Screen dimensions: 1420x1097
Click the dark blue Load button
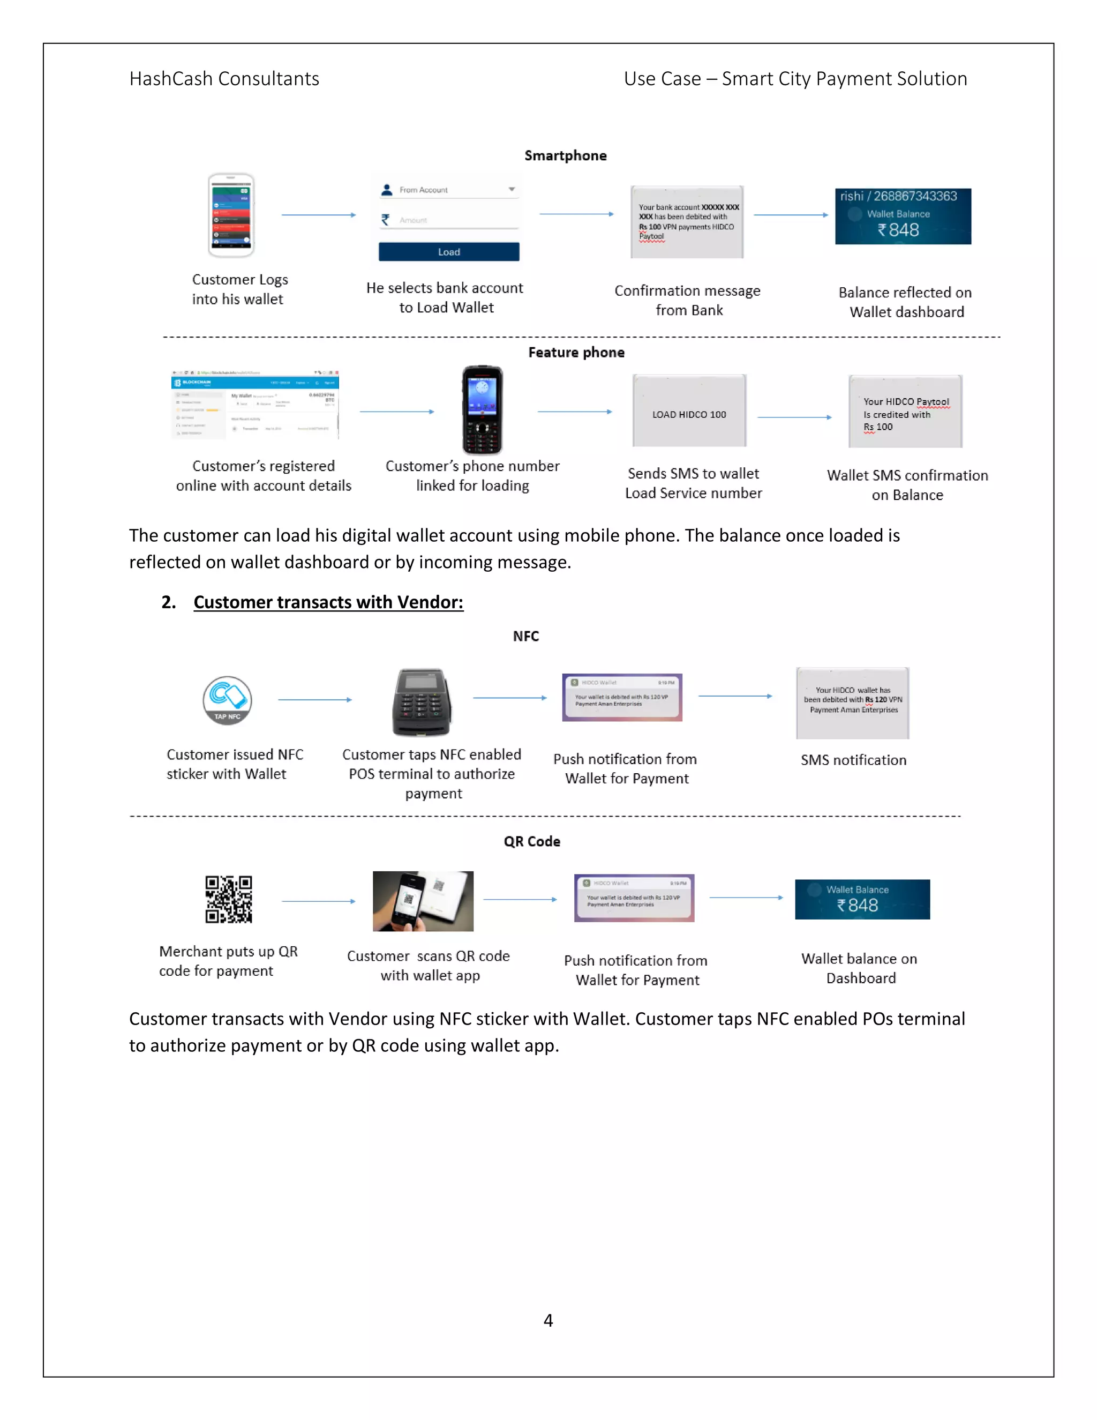(448, 252)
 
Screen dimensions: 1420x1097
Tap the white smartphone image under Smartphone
(231, 215)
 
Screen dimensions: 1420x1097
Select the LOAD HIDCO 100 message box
(689, 411)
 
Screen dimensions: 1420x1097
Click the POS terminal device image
(421, 702)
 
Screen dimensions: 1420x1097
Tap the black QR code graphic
(228, 900)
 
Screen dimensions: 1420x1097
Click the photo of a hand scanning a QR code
(423, 901)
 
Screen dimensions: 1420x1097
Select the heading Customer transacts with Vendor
(328, 602)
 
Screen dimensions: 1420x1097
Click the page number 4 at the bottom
(548, 1320)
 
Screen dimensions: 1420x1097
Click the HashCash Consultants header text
(224, 79)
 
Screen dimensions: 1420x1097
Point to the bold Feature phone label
(576, 353)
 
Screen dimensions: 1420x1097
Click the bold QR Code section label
(531, 841)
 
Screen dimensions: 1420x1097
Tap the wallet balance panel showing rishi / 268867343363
(903, 216)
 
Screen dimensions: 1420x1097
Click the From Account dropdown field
(448, 190)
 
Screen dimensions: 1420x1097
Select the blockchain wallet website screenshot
(255, 405)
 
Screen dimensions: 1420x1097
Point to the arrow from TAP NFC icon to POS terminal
(314, 700)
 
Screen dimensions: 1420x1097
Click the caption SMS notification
(853, 760)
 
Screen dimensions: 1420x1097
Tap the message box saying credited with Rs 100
(905, 412)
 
